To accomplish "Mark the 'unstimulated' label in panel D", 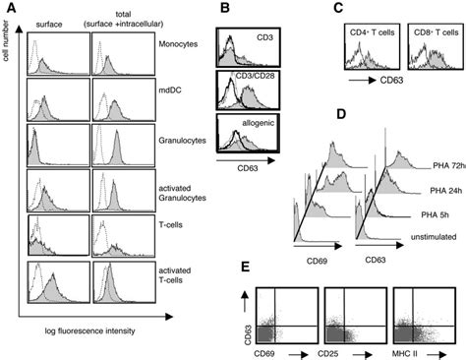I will pyautogui.click(x=433, y=224).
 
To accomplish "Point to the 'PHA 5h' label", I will pyautogui.click(x=431, y=208).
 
